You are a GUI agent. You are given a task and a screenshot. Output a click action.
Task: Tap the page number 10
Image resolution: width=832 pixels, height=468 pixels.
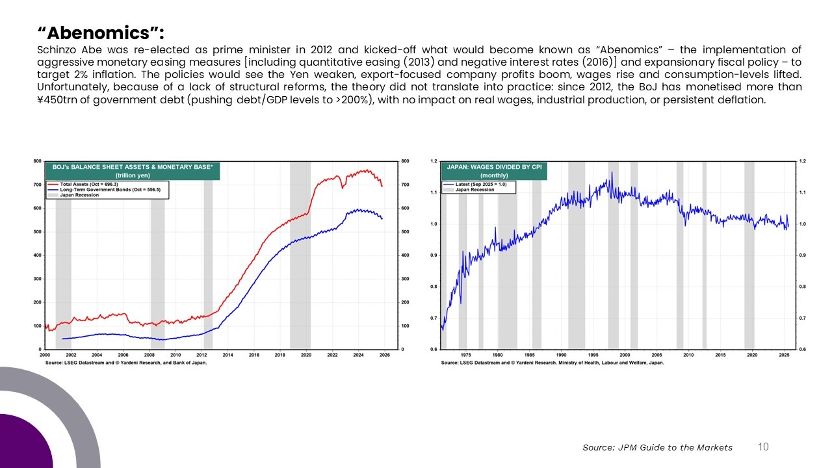point(763,447)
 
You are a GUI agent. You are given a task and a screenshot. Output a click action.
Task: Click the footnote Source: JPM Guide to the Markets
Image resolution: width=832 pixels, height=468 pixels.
point(657,447)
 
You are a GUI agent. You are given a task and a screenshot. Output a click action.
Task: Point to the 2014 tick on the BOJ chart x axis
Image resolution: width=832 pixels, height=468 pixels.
point(228,355)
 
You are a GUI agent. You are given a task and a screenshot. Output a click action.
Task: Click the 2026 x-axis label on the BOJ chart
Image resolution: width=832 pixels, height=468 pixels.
point(385,355)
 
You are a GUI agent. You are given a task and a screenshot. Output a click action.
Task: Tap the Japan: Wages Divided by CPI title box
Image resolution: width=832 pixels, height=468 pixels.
point(495,171)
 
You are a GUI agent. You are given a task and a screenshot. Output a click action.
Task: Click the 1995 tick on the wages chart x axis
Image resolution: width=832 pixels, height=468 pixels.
point(593,355)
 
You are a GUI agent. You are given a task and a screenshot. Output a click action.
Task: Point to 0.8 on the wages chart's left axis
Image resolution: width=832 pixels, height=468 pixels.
point(434,287)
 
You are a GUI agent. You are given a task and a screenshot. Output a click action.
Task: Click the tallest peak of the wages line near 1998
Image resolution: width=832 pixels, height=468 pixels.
point(611,173)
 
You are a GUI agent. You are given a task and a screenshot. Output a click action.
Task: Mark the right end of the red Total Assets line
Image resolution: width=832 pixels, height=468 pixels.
point(382,187)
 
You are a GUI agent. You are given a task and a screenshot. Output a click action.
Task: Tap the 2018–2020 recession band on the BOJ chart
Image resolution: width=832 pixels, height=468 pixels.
point(300,260)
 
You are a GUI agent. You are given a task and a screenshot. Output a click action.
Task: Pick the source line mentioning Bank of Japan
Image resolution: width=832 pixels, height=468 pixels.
point(126,362)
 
